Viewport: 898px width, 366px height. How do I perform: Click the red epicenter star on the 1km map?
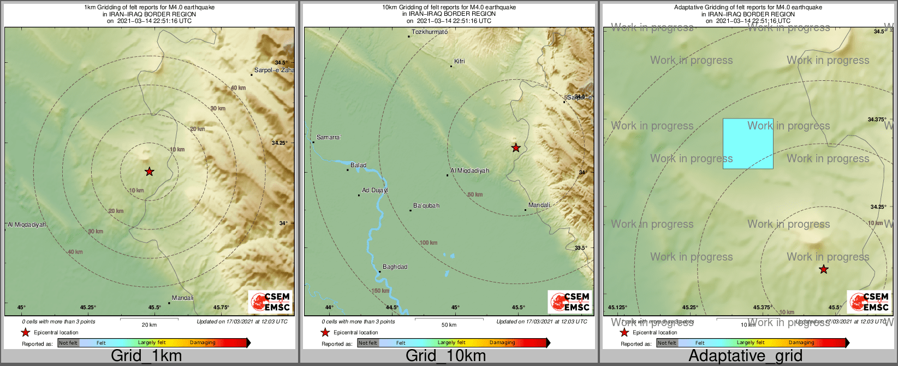tap(149, 172)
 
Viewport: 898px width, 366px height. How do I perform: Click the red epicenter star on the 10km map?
tap(515, 147)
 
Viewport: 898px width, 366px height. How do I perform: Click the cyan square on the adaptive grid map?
tap(748, 143)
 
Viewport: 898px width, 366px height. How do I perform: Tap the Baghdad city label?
tap(395, 267)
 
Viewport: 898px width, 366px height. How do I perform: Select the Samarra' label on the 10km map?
tap(329, 137)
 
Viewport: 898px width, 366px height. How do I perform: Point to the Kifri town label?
tap(460, 61)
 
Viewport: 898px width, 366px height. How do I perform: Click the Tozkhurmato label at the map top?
tap(429, 32)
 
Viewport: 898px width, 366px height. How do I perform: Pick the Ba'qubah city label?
tap(426, 206)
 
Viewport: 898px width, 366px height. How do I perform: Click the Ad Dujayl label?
tap(375, 191)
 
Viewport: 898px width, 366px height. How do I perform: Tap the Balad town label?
tap(358, 165)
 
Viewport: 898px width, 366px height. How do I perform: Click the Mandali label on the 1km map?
tap(182, 298)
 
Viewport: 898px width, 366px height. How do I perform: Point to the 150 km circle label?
tap(380, 291)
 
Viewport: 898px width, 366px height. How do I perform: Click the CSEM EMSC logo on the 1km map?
tap(270, 302)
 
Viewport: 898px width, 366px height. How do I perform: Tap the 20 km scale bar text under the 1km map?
tap(149, 324)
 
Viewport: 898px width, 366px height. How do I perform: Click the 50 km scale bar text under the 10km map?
tap(449, 324)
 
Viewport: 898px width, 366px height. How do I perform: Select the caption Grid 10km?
tap(445, 356)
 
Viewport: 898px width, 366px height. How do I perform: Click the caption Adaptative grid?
tap(745, 356)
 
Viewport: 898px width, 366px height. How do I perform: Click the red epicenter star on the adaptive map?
tap(823, 269)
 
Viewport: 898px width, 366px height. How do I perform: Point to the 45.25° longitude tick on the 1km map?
tap(88, 308)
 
